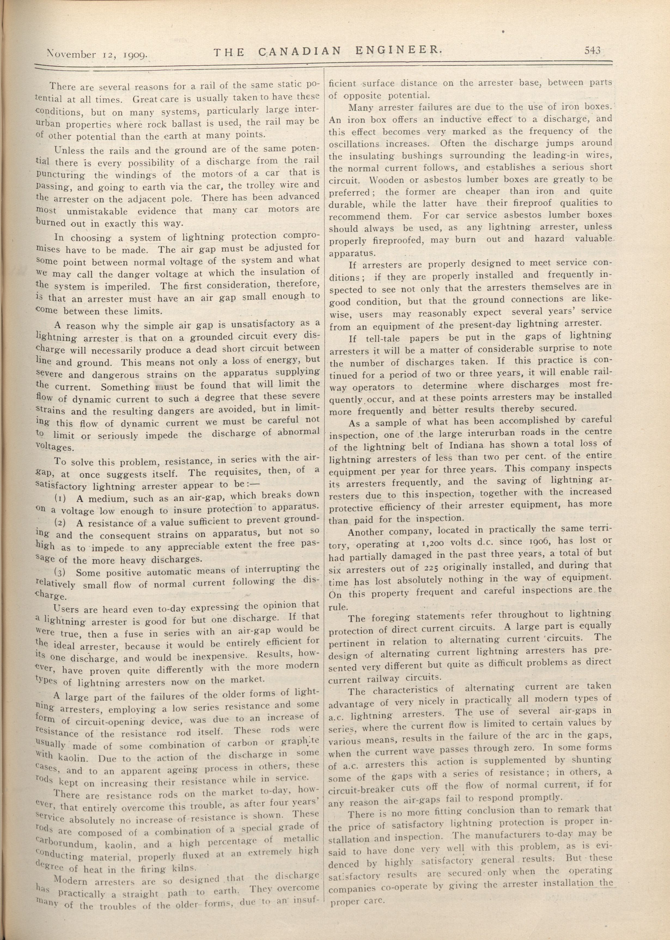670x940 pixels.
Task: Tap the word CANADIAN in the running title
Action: pos(300,51)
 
